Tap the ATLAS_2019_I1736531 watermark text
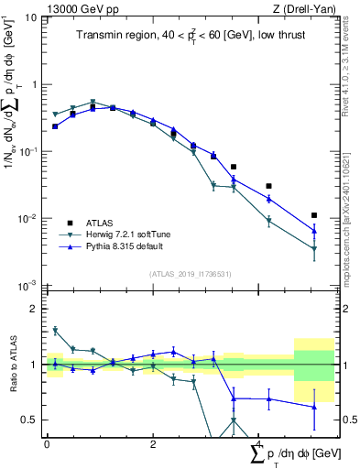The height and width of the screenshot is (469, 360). click(190, 274)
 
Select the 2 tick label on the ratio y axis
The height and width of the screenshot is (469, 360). click(34, 309)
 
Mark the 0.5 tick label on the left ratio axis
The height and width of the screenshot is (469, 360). click(29, 420)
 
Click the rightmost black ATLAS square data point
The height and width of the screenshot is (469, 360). click(314, 215)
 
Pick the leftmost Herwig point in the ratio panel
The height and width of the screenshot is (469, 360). click(55, 330)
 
